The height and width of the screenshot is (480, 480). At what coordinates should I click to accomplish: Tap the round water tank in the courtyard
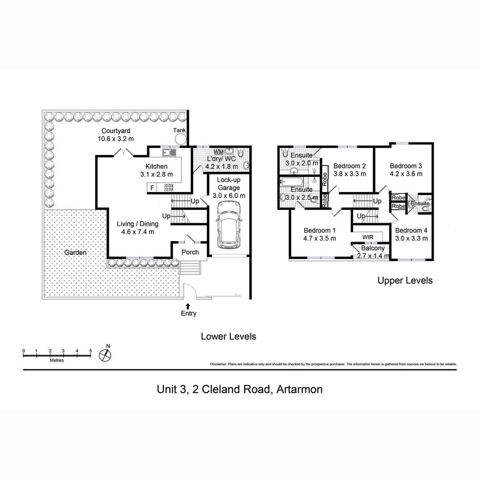coord(180,139)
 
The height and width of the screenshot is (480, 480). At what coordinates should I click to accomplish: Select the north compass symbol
coord(106,354)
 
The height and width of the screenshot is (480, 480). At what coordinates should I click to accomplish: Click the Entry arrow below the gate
coord(188,306)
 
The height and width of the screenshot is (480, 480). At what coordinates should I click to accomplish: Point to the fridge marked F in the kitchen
coord(152,188)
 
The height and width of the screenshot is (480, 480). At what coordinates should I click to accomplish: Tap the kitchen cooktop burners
coord(169,188)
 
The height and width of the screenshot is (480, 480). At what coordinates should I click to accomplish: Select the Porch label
coord(190,252)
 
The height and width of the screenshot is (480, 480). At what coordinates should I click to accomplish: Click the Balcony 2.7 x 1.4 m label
coord(373,252)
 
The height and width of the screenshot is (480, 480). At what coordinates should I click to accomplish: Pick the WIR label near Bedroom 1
coord(368,237)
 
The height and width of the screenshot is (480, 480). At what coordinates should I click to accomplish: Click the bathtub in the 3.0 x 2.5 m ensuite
coord(292,182)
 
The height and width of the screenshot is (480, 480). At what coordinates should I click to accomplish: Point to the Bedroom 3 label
coord(404,166)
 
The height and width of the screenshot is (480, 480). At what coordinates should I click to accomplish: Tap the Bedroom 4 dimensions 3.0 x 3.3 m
coord(411,238)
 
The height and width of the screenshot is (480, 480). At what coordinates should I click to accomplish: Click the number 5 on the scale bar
coord(91,351)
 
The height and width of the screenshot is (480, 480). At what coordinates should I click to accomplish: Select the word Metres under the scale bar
coord(57,360)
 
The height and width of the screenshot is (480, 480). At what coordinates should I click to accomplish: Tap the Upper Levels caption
coord(405,280)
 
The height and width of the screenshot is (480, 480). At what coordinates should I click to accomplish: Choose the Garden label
coord(76,253)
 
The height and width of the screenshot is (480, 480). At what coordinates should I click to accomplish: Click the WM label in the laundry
coord(218,152)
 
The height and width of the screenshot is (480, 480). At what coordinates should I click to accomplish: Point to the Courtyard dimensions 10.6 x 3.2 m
coord(116,139)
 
